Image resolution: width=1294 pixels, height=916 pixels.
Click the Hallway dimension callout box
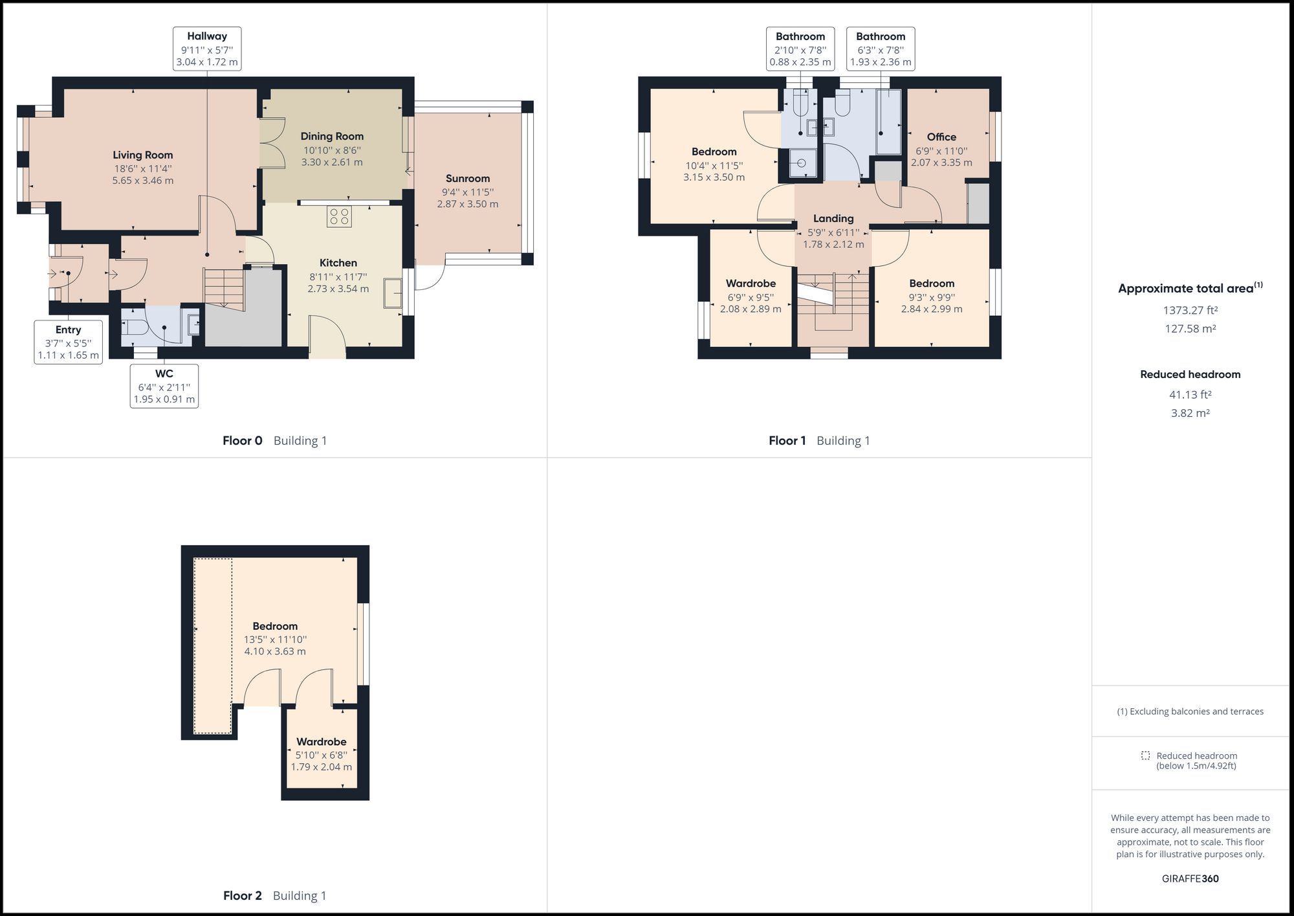[x=207, y=49]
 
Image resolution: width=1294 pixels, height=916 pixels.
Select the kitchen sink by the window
[x=392, y=292]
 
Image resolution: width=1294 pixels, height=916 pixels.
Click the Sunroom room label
[x=467, y=179]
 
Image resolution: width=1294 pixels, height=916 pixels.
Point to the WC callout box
[x=164, y=386]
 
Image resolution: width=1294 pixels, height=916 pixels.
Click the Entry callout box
[x=68, y=342]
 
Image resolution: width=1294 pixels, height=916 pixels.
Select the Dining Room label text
[x=332, y=137]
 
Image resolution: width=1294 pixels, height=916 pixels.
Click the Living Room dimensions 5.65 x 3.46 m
[x=142, y=181]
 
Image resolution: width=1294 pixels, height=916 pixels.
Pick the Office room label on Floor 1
[x=941, y=137]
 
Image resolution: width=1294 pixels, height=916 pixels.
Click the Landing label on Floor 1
[x=833, y=219]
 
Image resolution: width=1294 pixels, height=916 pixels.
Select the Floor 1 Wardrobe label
[x=751, y=284]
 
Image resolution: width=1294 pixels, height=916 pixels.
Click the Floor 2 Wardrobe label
[x=322, y=742]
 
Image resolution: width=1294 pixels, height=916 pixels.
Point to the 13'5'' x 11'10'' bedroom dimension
[x=275, y=640]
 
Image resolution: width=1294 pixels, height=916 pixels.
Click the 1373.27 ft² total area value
[x=1190, y=310]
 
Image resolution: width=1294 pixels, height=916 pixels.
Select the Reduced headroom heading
[x=1190, y=374]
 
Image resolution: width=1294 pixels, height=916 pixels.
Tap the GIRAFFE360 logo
[x=1190, y=878]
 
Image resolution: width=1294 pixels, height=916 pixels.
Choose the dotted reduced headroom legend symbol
[x=1145, y=755]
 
